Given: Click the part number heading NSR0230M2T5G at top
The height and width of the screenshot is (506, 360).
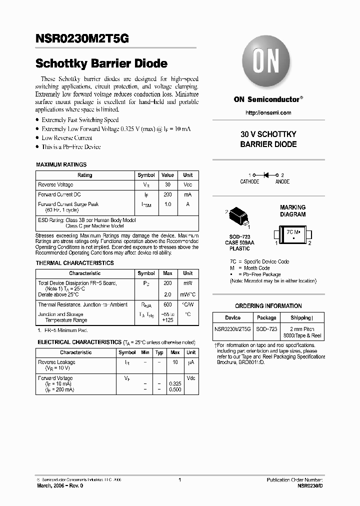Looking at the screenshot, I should click(82, 39).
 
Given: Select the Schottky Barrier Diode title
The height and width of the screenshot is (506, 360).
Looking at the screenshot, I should click(101, 64).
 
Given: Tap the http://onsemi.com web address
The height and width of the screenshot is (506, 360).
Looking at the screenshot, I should click(268, 113).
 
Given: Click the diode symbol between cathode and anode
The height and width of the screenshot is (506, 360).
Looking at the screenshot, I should click(266, 175).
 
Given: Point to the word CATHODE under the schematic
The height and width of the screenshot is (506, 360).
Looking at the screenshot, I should click(249, 182).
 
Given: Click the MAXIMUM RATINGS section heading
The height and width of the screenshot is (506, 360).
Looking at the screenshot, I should click(61, 164).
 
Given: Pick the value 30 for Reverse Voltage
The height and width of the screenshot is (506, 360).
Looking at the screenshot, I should click(167, 185).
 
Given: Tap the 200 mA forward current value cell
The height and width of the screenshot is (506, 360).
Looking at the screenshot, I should click(167, 194).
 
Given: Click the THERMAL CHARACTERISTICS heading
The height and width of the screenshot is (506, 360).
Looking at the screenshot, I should click(74, 263).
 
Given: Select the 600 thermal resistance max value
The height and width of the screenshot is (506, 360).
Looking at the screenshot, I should click(167, 304).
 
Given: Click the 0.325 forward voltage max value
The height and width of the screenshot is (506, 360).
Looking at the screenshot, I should click(175, 383).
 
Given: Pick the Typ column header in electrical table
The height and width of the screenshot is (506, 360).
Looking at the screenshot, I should click(159, 352).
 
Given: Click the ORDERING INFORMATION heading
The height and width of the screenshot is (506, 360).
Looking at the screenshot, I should click(268, 306).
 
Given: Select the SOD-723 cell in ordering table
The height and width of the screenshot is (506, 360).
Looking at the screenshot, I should click(266, 329).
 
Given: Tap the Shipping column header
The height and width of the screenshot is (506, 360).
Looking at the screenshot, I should click(301, 318).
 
